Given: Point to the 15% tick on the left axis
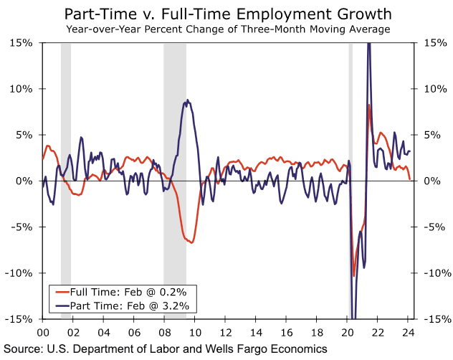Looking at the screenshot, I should pos(22,43).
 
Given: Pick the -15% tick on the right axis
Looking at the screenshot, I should pos(437,319).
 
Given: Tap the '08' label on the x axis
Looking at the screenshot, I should pos(164,332).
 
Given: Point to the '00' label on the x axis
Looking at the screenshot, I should pos(42,332).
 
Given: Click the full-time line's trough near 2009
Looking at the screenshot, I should pos(191,242).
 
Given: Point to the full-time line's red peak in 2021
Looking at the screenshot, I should pos(368,105).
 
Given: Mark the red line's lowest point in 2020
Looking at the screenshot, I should pos(353,275).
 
